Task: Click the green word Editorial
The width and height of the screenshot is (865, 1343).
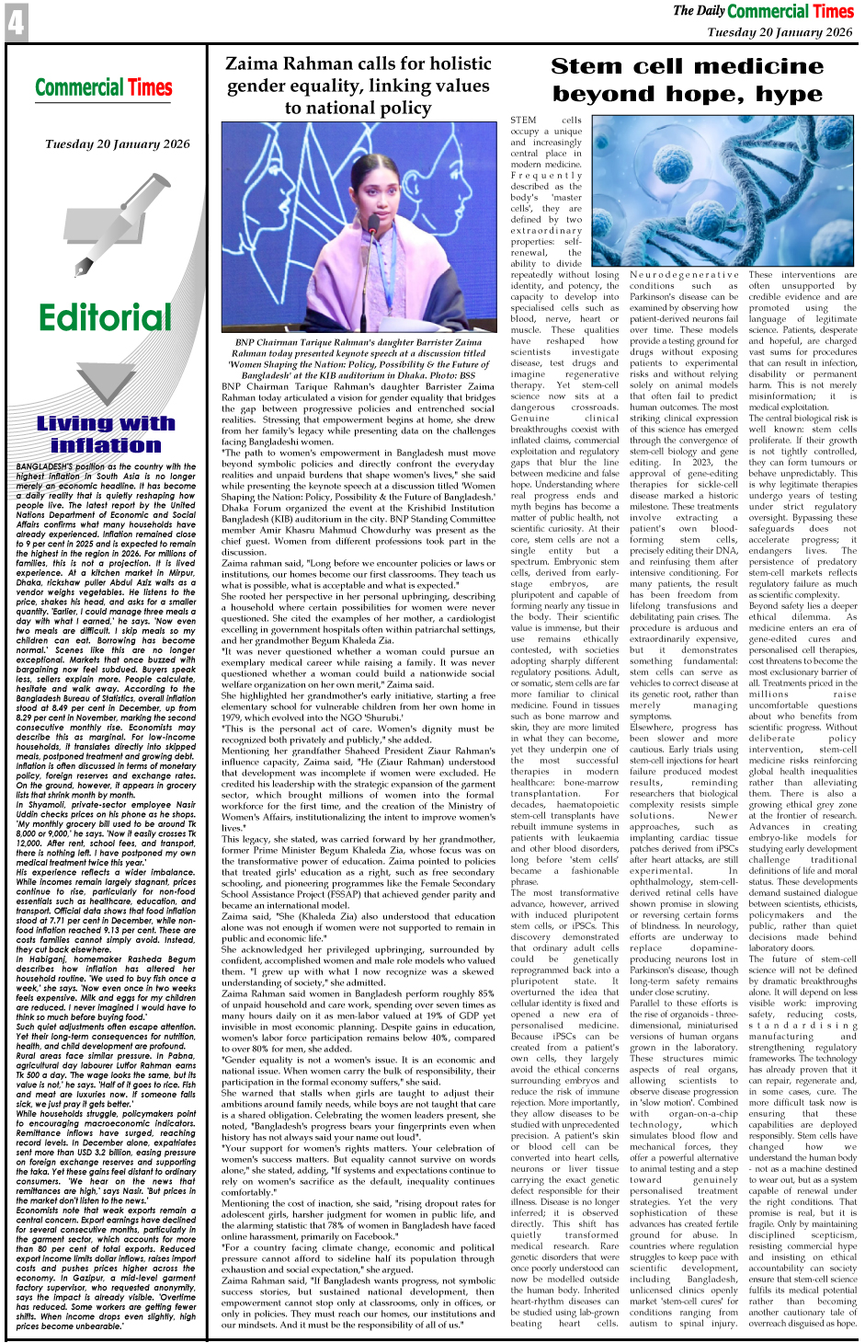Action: click(x=105, y=318)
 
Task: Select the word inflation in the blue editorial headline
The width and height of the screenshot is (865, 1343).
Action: click(x=106, y=445)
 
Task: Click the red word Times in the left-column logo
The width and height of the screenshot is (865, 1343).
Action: click(x=149, y=88)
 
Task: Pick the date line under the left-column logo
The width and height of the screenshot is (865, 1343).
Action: click(x=117, y=144)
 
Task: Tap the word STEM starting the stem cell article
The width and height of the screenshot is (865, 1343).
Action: click(x=523, y=121)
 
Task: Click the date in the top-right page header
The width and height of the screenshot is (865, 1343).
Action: click(x=780, y=32)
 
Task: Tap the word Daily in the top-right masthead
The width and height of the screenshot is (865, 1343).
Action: click(x=711, y=11)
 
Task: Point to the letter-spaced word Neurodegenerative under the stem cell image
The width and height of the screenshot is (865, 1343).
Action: click(x=684, y=275)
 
